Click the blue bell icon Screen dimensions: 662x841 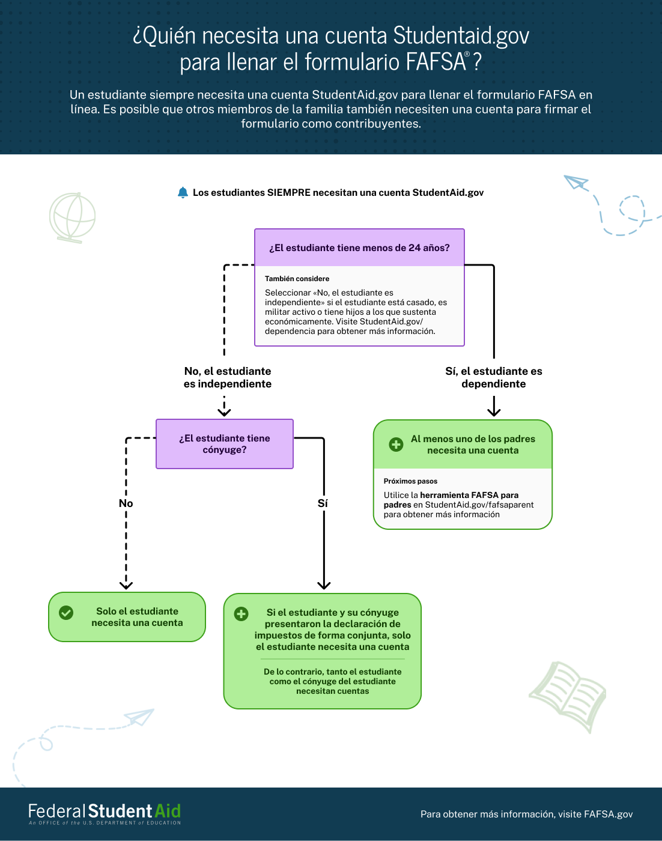coord(183,192)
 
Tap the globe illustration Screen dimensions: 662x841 coord(72,217)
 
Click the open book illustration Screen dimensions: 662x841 coord(568,696)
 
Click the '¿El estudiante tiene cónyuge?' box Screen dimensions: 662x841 coord(224,444)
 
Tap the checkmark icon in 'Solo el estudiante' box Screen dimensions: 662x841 coord(66,612)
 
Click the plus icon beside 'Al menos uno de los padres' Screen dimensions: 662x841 coord(396,445)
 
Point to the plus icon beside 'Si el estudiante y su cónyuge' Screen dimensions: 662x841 coord(241,613)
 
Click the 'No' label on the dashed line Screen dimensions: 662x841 coord(126,503)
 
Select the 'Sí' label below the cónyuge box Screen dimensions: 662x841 coord(323,503)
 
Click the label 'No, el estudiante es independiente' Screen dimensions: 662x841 coord(228,377)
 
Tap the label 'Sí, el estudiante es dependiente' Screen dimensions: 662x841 coord(494,377)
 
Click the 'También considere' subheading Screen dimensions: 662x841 coord(297,279)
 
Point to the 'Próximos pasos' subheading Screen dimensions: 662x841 coord(410,481)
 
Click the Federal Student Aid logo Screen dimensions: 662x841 coord(105,814)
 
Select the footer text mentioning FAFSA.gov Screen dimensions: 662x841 coord(526,814)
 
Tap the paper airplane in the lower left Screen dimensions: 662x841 coord(139,717)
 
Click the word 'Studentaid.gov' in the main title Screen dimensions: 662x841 coord(461,35)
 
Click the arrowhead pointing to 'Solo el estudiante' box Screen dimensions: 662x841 coord(126,585)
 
